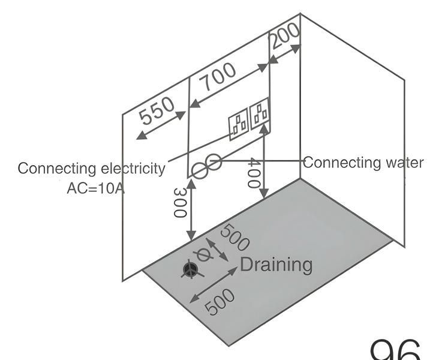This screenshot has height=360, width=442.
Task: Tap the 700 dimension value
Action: (218, 79)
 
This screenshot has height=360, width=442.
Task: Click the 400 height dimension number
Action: (255, 173)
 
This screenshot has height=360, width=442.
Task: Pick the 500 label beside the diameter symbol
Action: (234, 238)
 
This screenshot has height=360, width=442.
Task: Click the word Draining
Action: (276, 265)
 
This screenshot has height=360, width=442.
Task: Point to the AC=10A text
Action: (95, 188)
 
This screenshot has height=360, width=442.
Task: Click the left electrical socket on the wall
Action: (239, 124)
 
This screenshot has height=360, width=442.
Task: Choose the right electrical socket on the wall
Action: (260, 113)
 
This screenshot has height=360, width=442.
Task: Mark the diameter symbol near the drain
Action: (205, 256)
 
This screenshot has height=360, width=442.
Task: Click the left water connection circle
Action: (200, 170)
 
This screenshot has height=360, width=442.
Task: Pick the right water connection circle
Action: (214, 162)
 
